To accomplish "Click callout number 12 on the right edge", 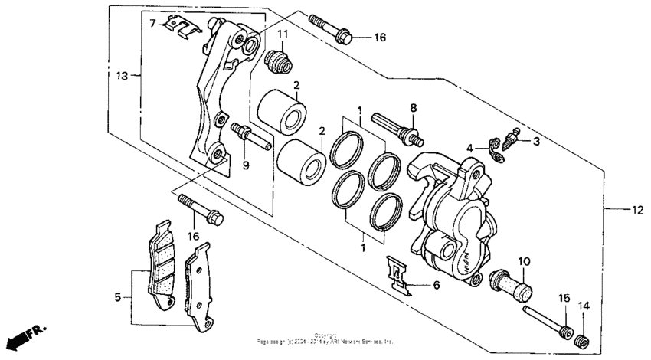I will tap(636, 209).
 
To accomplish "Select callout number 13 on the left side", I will tap(122, 75).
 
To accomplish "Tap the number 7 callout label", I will tap(152, 24).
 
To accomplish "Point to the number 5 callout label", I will tap(119, 296).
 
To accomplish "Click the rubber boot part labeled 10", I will tap(509, 283).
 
